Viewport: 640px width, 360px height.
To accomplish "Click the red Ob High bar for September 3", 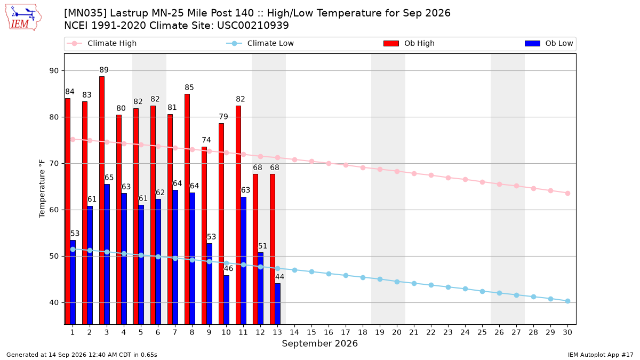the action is (102, 201).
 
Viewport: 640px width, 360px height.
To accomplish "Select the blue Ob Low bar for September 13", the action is (277, 303).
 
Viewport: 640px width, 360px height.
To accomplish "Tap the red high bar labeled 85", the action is (187, 209).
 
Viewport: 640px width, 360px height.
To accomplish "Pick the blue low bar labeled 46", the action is (226, 300).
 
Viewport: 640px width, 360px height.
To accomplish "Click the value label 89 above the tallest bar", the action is (104, 70).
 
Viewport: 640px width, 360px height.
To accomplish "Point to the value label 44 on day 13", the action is (279, 277).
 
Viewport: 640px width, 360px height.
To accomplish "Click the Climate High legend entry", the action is (101, 43).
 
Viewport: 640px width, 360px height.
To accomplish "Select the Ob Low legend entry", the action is (549, 43).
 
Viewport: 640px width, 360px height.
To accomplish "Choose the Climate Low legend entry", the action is (260, 43).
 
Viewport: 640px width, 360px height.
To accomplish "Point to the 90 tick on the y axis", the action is (54, 70).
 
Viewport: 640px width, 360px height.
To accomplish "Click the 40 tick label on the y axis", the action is (54, 302).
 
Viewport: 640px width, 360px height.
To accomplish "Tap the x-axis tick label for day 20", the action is (397, 332).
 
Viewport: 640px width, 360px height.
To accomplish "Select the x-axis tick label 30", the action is (567, 332).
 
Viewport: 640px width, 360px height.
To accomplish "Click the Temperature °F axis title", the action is (42, 189).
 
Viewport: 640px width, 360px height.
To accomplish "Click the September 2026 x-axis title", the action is (319, 343).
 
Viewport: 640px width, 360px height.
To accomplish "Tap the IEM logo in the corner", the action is (23, 18).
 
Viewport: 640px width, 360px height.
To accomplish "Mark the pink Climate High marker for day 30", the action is (567, 194).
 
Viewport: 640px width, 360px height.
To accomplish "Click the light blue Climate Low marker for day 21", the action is (414, 283).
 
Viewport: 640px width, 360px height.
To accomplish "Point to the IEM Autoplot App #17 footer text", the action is (601, 355).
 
